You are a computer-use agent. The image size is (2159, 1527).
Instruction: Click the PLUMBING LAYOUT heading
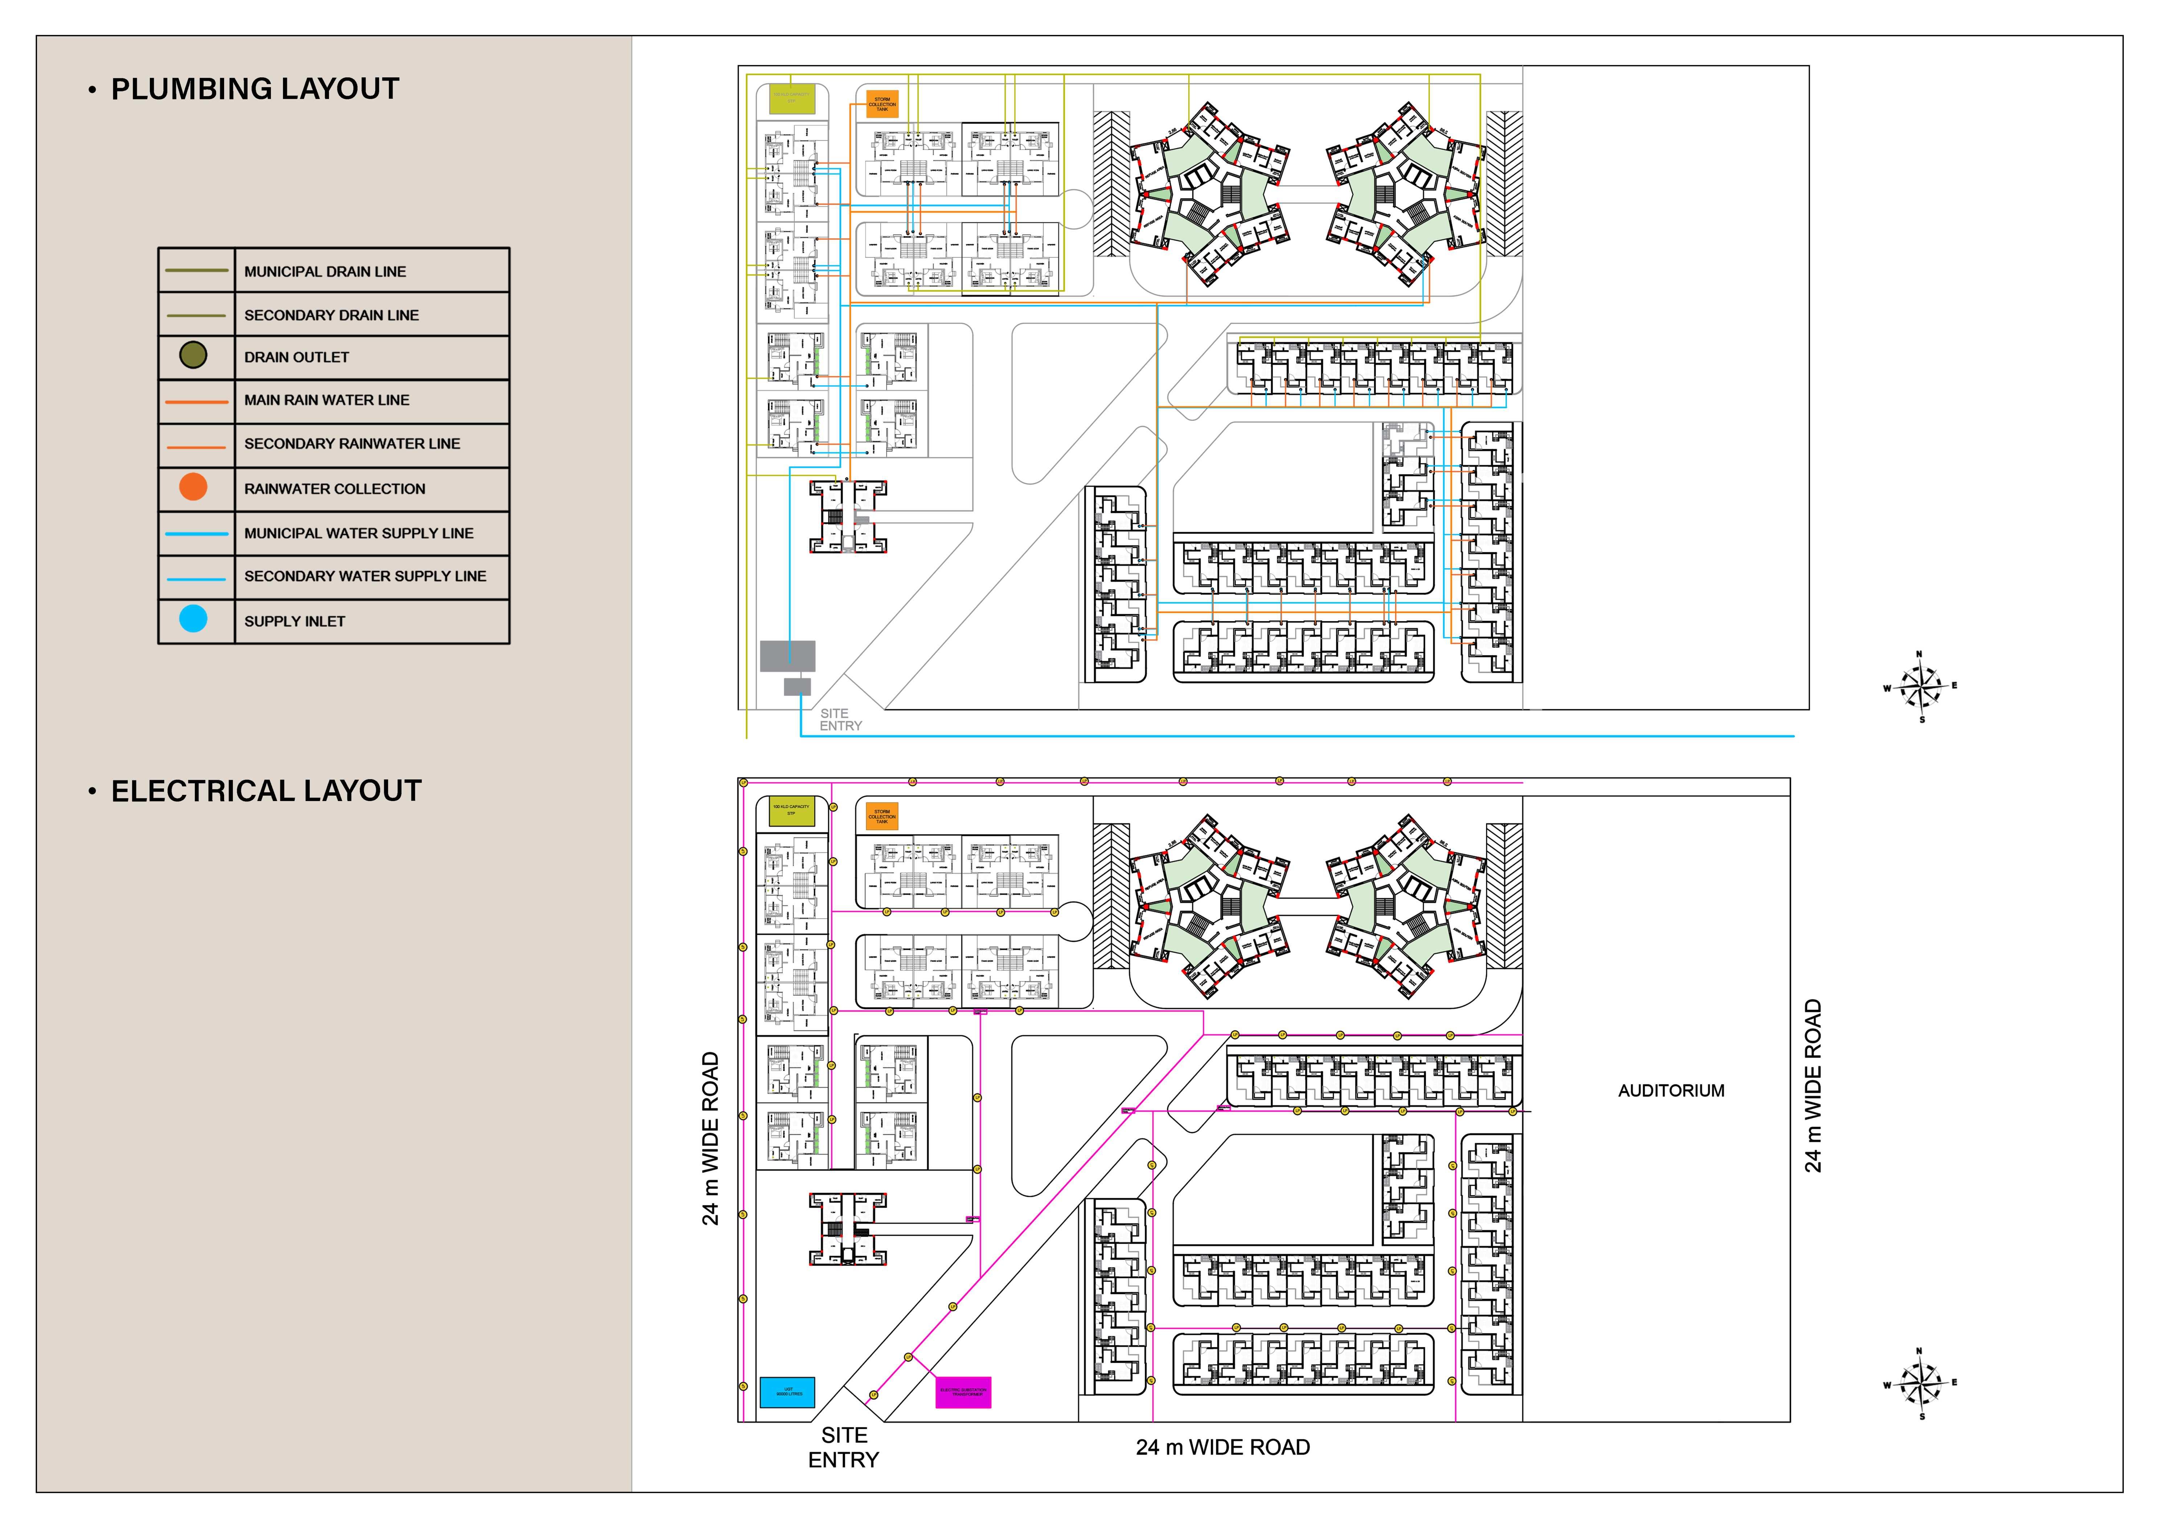tap(255, 89)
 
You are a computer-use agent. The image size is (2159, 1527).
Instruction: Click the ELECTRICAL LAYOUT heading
tap(266, 791)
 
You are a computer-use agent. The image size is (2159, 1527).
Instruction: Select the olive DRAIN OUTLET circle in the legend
tap(193, 356)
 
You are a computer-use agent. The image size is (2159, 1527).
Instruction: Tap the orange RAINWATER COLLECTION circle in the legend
tap(193, 487)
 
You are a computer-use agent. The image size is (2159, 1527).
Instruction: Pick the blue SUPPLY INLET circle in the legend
tap(193, 619)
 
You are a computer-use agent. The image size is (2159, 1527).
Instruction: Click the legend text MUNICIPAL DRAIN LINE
tap(324, 272)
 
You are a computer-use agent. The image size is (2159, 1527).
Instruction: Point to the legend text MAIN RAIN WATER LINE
tap(326, 399)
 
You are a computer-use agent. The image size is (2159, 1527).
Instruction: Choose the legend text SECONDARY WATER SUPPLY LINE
tap(365, 576)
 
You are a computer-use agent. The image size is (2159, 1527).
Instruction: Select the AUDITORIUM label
tap(1671, 1091)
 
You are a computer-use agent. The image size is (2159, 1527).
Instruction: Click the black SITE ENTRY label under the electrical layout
tap(843, 1447)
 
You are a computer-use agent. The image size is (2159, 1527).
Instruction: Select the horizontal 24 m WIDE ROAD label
tap(1222, 1447)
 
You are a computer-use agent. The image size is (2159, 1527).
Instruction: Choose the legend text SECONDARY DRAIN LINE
tap(331, 315)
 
